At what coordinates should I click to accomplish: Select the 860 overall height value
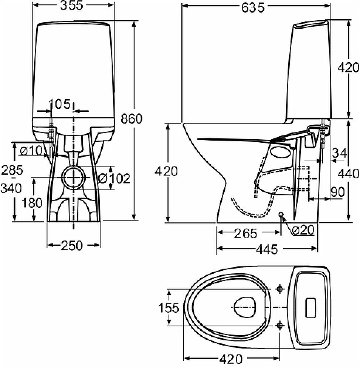tap(132, 119)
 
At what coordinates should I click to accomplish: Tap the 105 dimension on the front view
tap(60, 105)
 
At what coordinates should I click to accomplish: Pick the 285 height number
tap(12, 170)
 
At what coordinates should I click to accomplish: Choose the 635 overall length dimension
tap(253, 7)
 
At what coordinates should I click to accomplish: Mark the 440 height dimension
tap(349, 173)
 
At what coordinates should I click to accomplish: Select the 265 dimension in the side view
tap(245, 233)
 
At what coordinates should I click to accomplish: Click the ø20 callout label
tap(302, 230)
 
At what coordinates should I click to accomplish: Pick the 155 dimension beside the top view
tap(169, 308)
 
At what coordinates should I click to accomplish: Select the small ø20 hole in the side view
tap(281, 215)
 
